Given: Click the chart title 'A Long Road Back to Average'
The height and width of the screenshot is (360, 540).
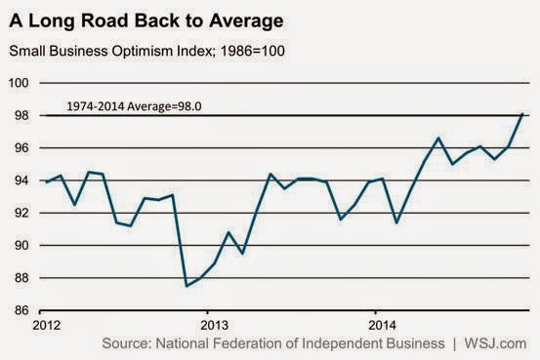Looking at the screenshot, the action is pyautogui.click(x=146, y=21).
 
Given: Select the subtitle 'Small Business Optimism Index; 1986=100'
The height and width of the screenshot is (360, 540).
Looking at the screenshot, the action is pyautogui.click(x=147, y=51).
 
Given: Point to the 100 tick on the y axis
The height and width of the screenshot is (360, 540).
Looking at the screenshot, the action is pyautogui.click(x=19, y=83).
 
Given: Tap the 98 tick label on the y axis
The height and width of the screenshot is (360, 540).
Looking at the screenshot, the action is pyautogui.click(x=21, y=115).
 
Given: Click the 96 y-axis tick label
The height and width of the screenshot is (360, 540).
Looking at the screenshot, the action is pyautogui.click(x=21, y=148).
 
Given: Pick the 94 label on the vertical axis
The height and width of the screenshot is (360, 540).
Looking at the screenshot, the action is pyautogui.click(x=21, y=180).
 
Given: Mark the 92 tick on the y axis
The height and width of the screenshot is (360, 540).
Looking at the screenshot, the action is pyautogui.click(x=21, y=213).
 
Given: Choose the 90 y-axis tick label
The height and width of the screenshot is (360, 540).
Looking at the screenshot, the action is pyautogui.click(x=21, y=246).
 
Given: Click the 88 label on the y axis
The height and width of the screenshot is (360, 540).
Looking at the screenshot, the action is pyautogui.click(x=21, y=278).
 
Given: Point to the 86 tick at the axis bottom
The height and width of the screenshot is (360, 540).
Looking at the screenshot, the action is pyautogui.click(x=21, y=310).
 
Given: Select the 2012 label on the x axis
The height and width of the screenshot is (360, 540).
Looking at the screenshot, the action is pyautogui.click(x=47, y=325).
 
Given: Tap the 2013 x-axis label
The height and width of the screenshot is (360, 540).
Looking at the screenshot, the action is pyautogui.click(x=214, y=325).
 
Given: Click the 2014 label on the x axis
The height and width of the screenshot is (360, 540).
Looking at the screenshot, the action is pyautogui.click(x=382, y=325).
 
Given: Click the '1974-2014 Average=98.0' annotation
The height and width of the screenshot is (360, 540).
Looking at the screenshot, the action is pyautogui.click(x=134, y=106).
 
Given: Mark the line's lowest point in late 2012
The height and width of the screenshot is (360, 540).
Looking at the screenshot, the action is pyautogui.click(x=187, y=286).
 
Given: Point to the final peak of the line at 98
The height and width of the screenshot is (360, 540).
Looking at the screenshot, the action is pyautogui.click(x=522, y=113).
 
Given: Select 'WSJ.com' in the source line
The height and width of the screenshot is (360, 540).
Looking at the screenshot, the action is pyautogui.click(x=495, y=343).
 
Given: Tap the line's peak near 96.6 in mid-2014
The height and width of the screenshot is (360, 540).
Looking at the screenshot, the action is pyautogui.click(x=438, y=138).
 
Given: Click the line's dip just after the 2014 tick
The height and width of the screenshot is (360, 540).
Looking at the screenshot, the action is pyautogui.click(x=396, y=222).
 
